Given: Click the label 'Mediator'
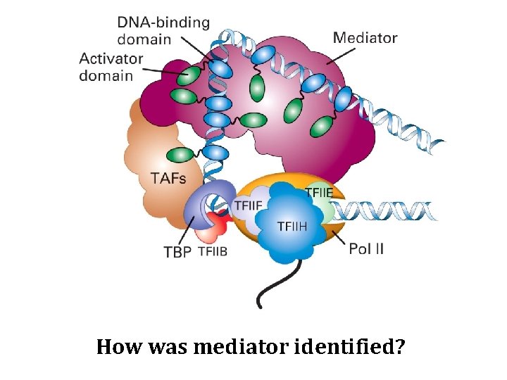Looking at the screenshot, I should (365, 38).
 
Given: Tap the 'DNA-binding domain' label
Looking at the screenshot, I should (163, 30).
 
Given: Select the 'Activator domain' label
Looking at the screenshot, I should (111, 67).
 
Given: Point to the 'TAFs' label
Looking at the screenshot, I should (168, 179).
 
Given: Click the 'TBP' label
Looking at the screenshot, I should (177, 251).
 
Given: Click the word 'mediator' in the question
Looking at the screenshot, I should (236, 347).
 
